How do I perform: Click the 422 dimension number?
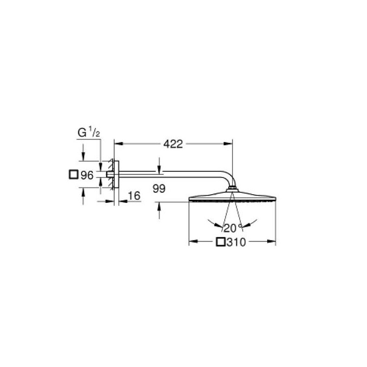[173, 144]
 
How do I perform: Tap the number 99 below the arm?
[159, 189]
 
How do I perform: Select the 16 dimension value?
[134, 195]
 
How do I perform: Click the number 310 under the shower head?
[237, 243]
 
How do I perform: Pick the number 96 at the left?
[87, 175]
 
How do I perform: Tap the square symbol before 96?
[73, 175]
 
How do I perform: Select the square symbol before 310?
[221, 243]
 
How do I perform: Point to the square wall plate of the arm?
[116, 175]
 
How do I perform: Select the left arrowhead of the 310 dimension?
[192, 243]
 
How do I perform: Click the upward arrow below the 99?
[160, 205]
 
